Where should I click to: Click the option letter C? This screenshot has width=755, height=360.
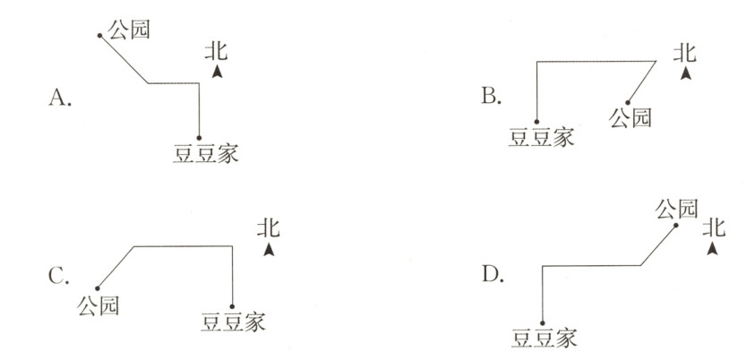(60, 276)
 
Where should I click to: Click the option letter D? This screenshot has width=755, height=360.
(492, 272)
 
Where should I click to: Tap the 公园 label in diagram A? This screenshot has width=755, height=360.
(127, 30)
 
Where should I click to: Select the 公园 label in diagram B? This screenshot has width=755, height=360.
(630, 116)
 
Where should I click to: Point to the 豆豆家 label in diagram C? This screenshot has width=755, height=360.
(235, 320)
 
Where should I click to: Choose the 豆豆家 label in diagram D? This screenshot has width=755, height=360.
(544, 338)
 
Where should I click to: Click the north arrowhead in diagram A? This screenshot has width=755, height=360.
(217, 72)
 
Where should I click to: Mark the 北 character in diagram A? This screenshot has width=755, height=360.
(216, 50)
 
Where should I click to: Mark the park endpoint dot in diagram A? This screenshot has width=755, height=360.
(101, 36)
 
